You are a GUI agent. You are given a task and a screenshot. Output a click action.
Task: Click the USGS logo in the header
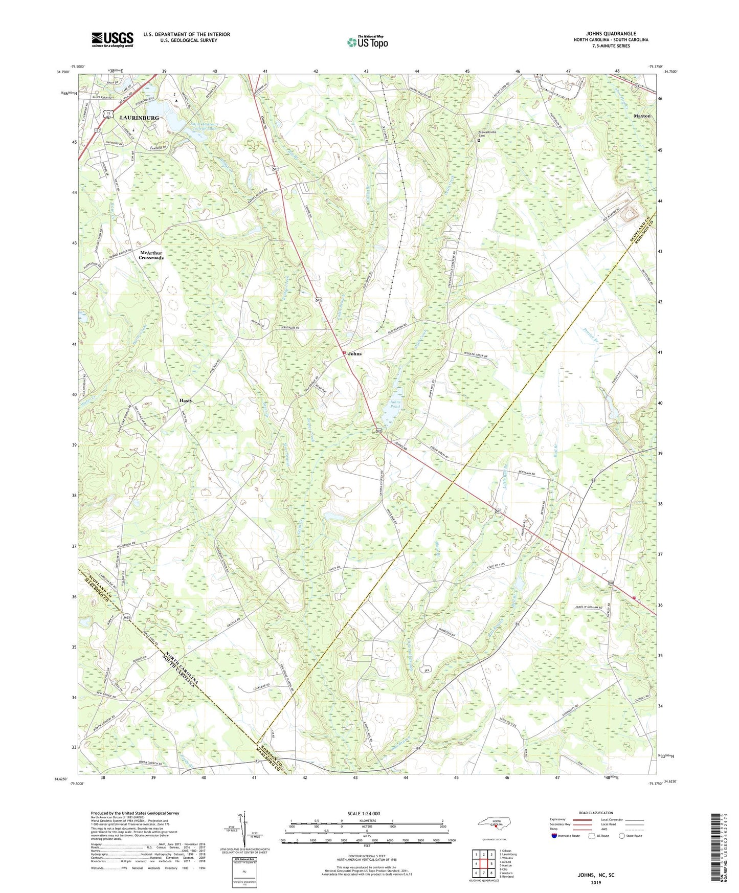113,39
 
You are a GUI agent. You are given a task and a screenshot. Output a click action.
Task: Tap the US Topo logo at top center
367,41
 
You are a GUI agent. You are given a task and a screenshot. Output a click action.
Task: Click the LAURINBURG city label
139,118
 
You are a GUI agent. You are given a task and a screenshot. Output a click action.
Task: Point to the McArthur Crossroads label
151,255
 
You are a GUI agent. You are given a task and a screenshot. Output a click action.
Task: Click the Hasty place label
186,400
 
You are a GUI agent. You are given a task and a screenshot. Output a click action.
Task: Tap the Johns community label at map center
355,354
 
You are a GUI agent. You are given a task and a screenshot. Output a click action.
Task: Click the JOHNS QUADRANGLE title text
611,34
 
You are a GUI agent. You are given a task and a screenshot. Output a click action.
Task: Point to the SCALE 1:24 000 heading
364,813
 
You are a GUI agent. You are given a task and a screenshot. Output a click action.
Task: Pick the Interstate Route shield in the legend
555,836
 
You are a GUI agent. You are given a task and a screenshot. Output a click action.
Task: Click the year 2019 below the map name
596,882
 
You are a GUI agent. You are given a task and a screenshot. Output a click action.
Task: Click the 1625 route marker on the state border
127,618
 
